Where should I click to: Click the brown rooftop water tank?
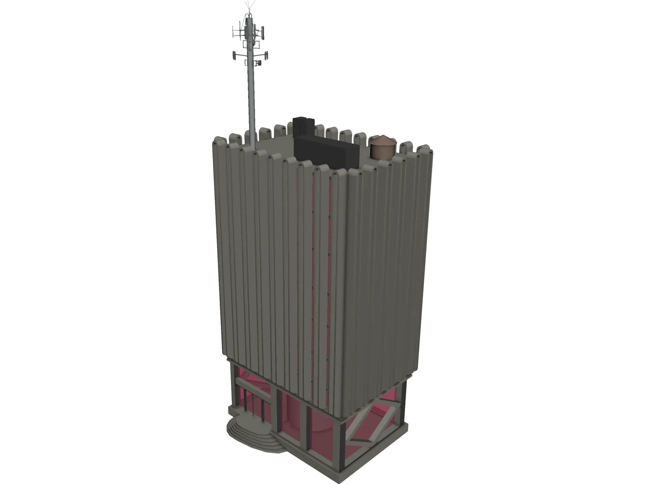[x=383, y=152]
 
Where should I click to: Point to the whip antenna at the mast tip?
[x=249, y=7]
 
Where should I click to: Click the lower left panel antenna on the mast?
[x=234, y=55]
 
